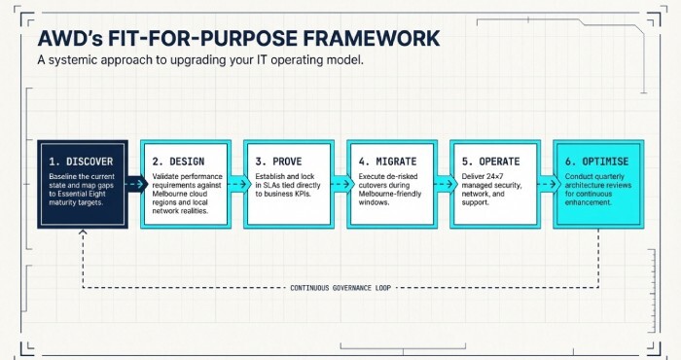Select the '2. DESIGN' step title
(x=178, y=160)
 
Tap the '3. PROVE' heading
(x=279, y=160)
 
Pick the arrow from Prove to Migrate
(x=340, y=182)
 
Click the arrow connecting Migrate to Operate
(x=443, y=182)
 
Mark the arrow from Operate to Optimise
(x=546, y=182)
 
